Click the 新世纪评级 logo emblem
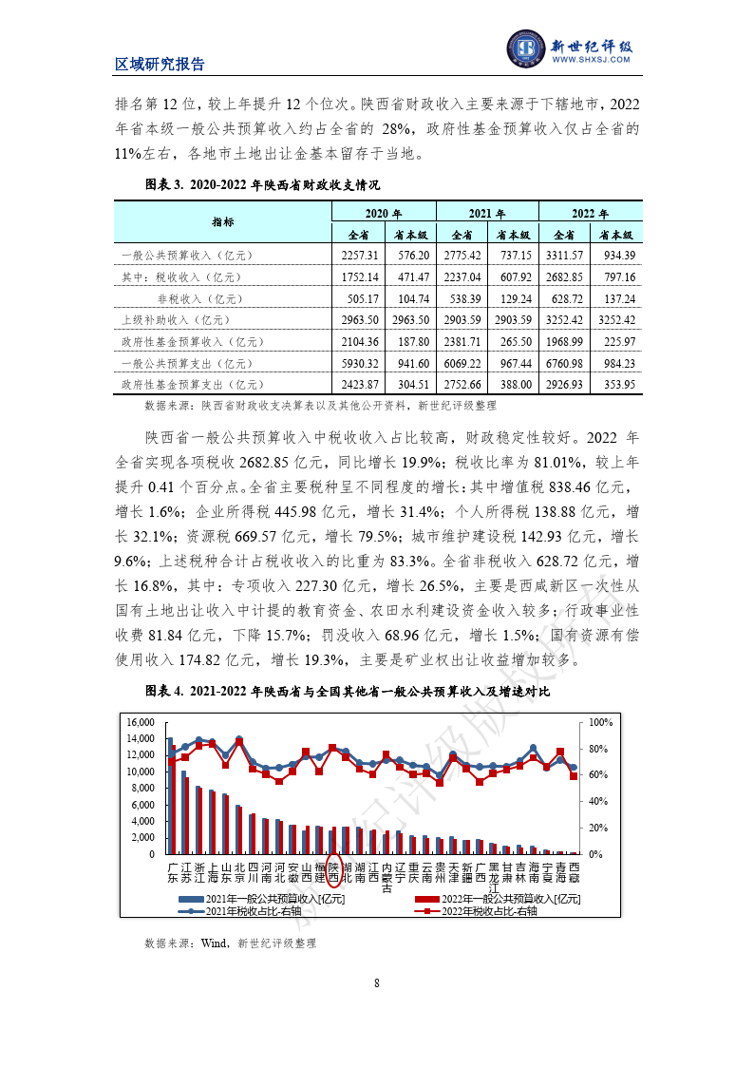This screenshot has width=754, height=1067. click(x=524, y=48)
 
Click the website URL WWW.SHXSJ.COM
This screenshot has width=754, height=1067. click(x=591, y=59)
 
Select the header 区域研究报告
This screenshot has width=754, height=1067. click(x=160, y=65)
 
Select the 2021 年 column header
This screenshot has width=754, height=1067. click(x=486, y=214)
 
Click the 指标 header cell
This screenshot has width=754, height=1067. click(x=223, y=222)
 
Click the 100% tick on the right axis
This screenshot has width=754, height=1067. click(x=602, y=722)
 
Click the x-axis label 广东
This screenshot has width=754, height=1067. click(x=173, y=873)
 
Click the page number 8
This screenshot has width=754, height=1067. click(x=377, y=982)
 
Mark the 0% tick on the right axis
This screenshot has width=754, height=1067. click(x=598, y=854)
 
